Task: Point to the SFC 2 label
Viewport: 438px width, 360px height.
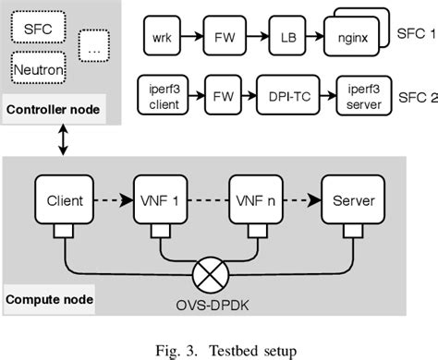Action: pyautogui.click(x=412, y=93)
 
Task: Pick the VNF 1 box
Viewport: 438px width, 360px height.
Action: pyautogui.click(x=163, y=200)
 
